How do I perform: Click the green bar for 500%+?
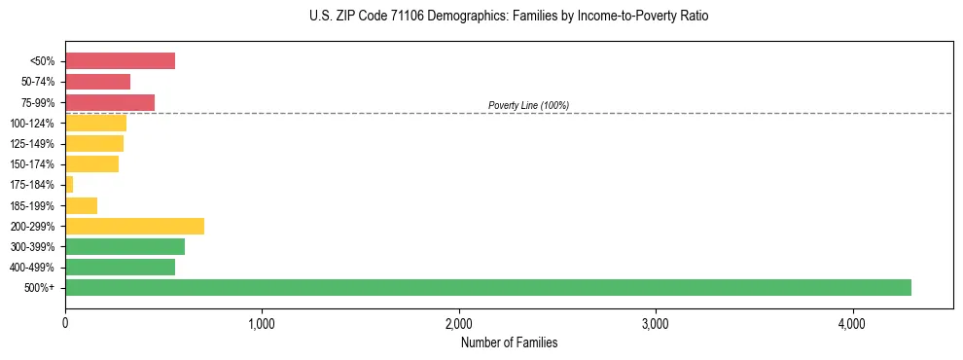487,287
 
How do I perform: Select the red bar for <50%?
120,61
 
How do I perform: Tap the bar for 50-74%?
97,82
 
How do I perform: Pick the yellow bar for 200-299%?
134,226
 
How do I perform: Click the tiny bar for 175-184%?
69,184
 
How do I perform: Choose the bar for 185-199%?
81,205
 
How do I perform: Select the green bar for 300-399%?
125,246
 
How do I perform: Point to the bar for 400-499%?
120,267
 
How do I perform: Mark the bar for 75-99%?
110,102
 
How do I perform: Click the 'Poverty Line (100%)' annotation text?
528,105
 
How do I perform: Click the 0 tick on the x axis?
65,324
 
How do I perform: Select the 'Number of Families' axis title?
509,342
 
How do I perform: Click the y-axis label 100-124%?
33,124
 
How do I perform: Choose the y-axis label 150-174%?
33,164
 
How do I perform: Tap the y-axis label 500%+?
39,288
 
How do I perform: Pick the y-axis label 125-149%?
33,144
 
